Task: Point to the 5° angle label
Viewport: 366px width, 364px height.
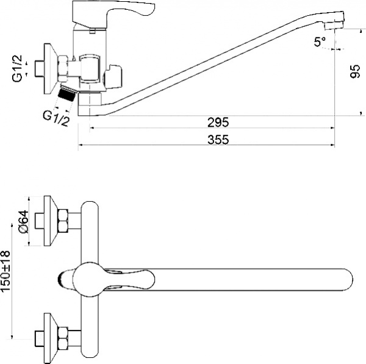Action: (320, 41)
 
